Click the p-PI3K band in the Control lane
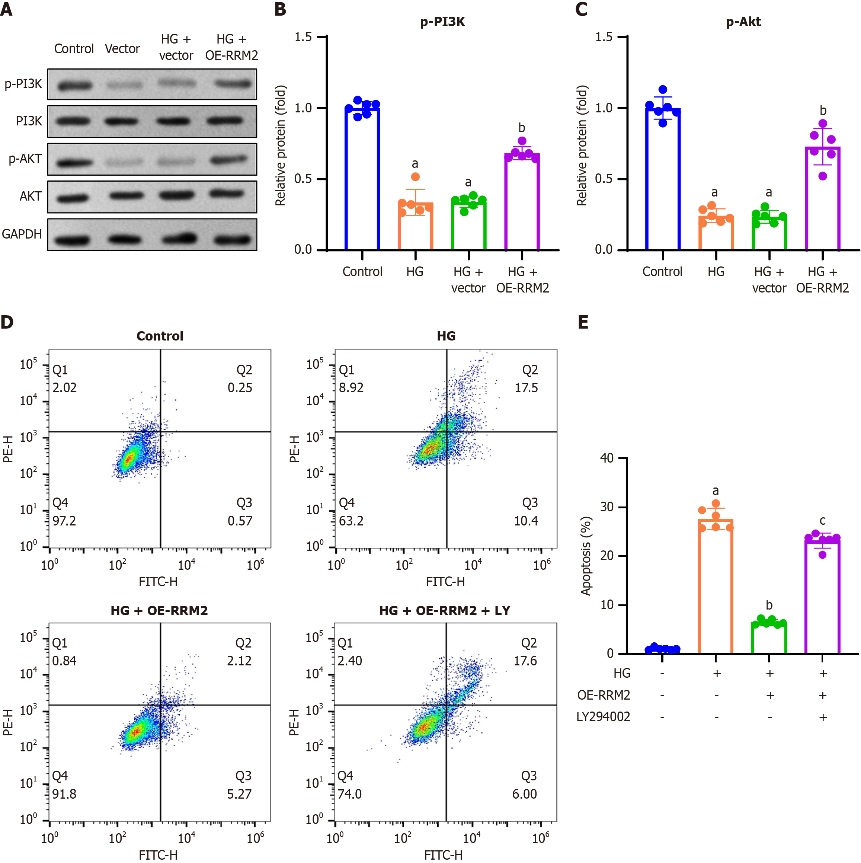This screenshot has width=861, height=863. [74, 85]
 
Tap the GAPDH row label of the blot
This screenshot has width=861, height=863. [22, 234]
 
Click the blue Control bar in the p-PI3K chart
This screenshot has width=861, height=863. [362, 179]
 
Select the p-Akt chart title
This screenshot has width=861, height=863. [743, 22]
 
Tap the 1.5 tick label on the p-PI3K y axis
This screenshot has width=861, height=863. [303, 37]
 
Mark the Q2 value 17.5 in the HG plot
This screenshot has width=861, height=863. [526, 387]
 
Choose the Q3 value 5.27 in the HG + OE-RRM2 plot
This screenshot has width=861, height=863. [239, 794]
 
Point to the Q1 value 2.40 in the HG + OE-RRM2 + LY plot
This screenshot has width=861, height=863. [350, 660]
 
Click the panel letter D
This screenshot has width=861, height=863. [7, 322]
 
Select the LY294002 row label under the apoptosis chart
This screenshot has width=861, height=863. [603, 716]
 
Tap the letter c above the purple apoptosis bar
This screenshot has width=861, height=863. [822, 520]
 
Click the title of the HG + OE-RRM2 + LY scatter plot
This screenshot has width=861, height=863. [445, 610]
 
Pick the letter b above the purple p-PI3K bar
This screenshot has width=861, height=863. [522, 128]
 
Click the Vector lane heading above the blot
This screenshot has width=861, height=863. [122, 48]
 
